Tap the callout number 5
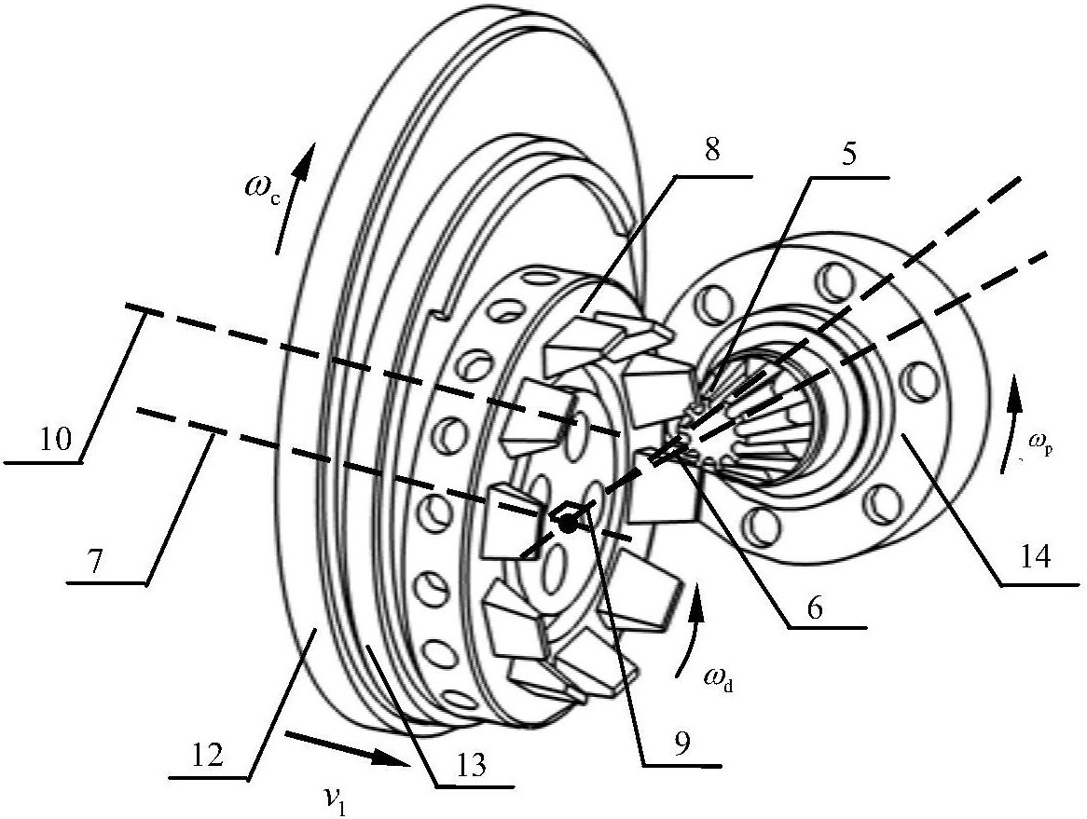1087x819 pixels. pos(847,153)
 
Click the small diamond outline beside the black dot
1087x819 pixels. pos(569,512)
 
